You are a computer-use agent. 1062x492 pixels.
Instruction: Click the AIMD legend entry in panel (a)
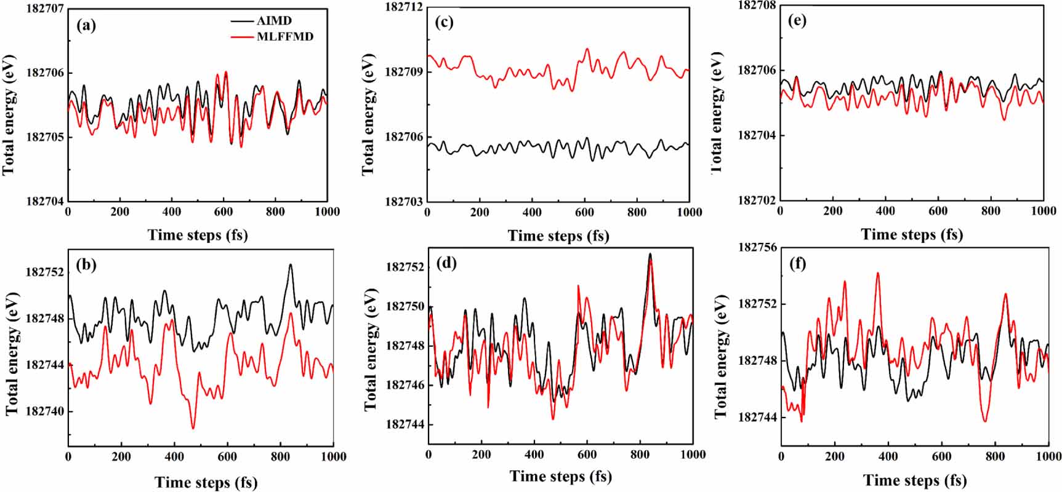tap(274, 20)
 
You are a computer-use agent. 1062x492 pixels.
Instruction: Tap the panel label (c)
tap(444, 22)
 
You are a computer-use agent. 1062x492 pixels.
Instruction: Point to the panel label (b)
tap(86, 265)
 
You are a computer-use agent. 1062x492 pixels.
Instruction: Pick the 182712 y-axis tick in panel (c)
tap(404, 7)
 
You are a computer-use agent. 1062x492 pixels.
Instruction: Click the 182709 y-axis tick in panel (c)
tap(404, 72)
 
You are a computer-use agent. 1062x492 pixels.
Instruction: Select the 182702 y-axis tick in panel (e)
tap(757, 200)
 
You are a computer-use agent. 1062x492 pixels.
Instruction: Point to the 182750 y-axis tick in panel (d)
tap(404, 306)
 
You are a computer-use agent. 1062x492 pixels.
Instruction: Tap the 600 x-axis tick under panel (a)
tap(223, 212)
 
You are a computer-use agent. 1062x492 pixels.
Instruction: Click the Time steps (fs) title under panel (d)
tap(560, 476)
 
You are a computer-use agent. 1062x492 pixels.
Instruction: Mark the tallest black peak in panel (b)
tap(291, 265)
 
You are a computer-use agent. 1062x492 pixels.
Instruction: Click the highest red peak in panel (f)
tap(877, 273)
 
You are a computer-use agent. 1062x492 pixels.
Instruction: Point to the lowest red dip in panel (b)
tap(193, 428)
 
